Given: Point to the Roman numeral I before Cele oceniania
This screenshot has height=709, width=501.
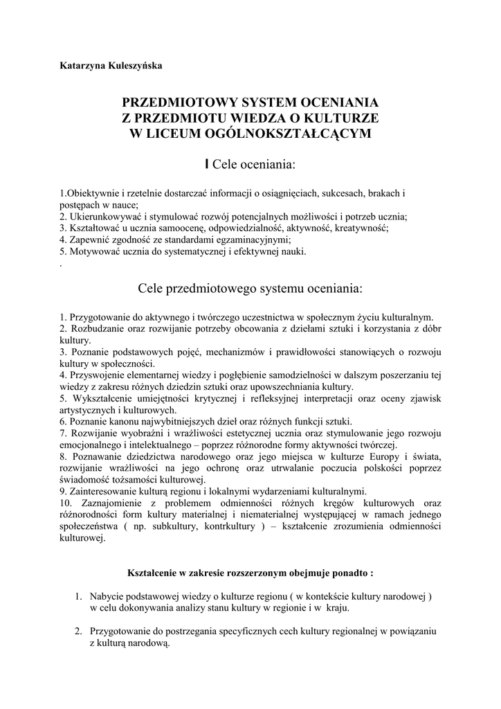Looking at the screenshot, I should (207, 165).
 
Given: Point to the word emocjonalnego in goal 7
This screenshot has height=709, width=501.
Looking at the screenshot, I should (92, 445).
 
